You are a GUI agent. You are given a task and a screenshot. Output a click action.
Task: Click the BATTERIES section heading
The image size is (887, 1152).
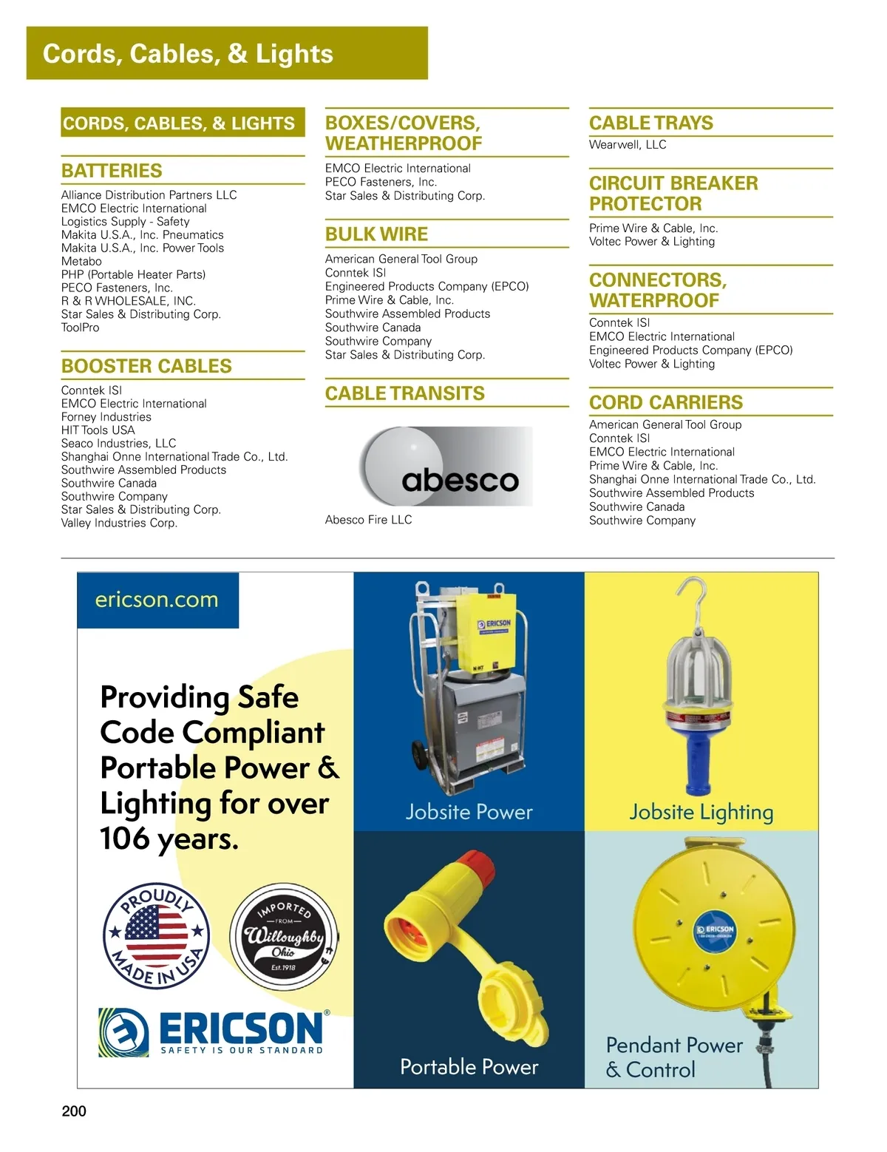[112, 171]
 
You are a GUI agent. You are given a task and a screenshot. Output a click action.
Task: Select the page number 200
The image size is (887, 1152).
[74, 1111]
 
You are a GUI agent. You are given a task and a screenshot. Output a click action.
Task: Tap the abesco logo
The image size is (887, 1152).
[446, 467]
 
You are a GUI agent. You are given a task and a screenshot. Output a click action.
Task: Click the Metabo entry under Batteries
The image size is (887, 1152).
[81, 261]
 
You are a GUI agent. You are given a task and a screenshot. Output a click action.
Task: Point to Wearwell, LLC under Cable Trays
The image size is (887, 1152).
[628, 145]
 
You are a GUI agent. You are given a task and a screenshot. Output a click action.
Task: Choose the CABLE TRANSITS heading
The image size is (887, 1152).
[405, 393]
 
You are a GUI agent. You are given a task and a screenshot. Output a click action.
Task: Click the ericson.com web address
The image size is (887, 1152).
[157, 600]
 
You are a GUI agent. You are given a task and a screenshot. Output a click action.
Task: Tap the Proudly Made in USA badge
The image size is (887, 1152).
[156, 936]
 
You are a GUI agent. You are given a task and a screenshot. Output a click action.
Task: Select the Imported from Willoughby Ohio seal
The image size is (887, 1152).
[284, 936]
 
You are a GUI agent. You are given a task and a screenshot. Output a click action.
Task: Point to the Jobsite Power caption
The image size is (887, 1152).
[469, 812]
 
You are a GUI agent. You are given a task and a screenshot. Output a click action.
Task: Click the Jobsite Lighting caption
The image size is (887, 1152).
[701, 812]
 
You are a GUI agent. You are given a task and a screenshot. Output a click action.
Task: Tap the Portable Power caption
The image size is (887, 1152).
[469, 1066]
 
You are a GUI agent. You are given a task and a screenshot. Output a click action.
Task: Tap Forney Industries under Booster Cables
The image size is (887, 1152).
[106, 417]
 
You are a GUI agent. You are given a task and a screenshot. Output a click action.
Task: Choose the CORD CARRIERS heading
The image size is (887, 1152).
[665, 402]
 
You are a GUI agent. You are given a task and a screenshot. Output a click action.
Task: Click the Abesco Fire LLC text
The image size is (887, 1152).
[368, 520]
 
